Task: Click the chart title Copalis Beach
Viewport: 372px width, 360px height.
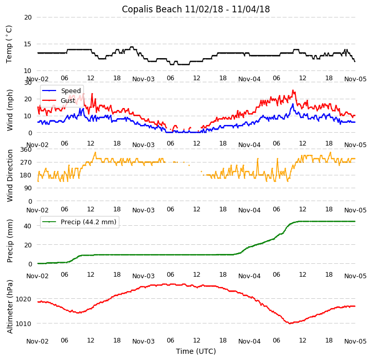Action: [x=196, y=9]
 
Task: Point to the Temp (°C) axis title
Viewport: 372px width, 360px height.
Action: [x=9, y=44]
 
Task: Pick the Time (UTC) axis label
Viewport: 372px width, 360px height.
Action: [x=196, y=351]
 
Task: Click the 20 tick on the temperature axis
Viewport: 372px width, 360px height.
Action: [x=27, y=17]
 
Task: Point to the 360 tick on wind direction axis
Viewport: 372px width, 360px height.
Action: [x=26, y=149]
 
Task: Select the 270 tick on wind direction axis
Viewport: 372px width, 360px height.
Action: [x=26, y=162]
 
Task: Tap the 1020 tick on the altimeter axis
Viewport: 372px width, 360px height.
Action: [x=24, y=299]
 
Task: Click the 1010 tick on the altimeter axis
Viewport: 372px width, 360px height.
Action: [x=24, y=323]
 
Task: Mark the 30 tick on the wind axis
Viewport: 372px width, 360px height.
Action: [x=27, y=82]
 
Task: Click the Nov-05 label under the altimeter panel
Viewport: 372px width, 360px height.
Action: [x=355, y=341]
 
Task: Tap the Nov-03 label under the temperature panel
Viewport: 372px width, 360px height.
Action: [x=143, y=79]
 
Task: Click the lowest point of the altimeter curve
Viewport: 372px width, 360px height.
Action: [x=290, y=323]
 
